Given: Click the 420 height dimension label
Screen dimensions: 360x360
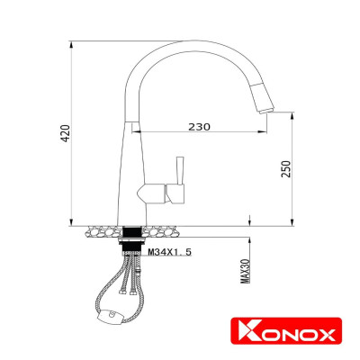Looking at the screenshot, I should (65, 134).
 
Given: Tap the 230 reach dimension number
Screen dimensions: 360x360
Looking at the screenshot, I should (200, 127).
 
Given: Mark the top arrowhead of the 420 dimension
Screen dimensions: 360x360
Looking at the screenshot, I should (72, 43).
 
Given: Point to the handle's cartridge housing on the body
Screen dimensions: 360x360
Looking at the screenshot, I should (156, 193).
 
